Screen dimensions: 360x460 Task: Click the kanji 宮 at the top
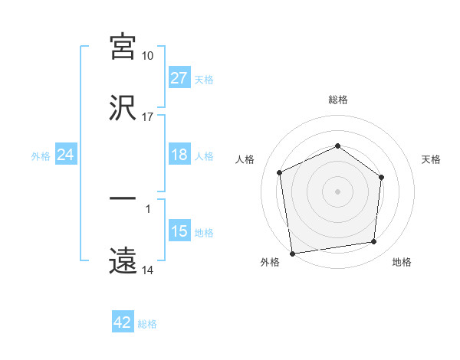[x=123, y=47]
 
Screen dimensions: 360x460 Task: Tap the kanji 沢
[x=123, y=109]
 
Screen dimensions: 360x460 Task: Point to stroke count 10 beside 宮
[x=148, y=56]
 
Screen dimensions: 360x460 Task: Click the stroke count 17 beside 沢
[x=148, y=117]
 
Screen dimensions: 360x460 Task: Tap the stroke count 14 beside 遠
[x=148, y=270]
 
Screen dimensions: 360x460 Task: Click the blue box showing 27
[x=179, y=78]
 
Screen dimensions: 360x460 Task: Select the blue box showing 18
[x=179, y=155]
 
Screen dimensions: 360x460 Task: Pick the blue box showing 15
[x=179, y=232]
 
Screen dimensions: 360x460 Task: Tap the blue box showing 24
[x=65, y=155]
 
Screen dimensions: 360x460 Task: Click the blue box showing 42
[x=123, y=323]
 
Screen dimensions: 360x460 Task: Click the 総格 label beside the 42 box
[x=147, y=324]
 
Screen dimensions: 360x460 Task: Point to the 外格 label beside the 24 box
[x=41, y=156]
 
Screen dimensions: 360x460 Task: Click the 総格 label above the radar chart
[x=337, y=100]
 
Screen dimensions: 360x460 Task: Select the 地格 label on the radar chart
[x=402, y=263]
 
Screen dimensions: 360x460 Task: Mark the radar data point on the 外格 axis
[x=292, y=253]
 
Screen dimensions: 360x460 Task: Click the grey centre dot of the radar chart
[x=337, y=191]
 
